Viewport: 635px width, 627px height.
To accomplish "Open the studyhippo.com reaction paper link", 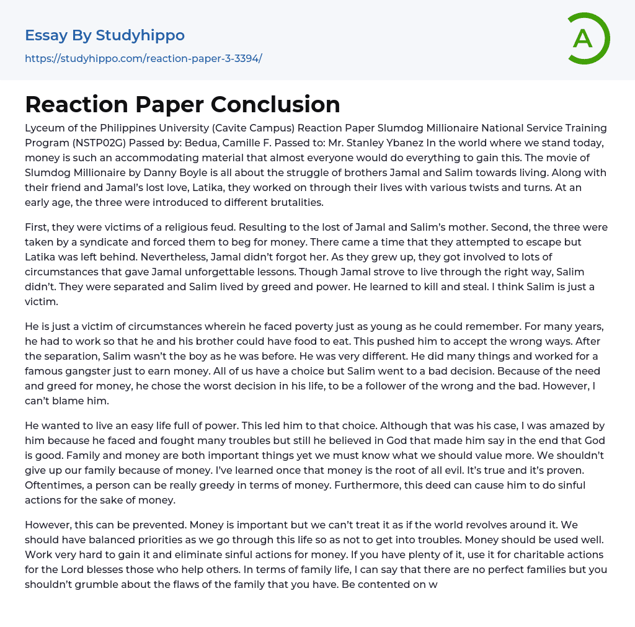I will [143, 58].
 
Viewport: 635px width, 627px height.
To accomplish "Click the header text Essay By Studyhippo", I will [105, 35].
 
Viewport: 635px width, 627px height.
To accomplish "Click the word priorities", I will [161, 540].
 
